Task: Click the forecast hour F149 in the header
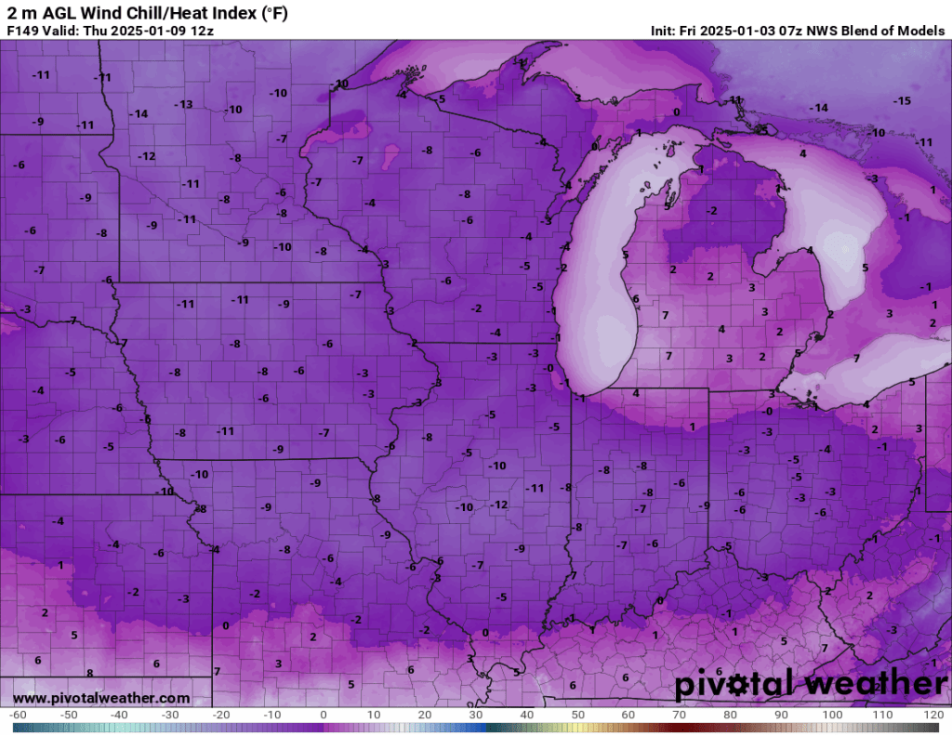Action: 22,30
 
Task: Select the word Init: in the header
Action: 668,31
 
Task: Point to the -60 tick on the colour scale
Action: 17,715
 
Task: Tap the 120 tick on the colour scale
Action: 934,715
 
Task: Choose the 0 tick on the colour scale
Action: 323,715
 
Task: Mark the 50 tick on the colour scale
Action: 577,715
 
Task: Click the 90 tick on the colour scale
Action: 781,715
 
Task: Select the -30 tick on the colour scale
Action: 170,715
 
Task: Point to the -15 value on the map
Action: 902,100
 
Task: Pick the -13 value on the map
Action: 185,104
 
